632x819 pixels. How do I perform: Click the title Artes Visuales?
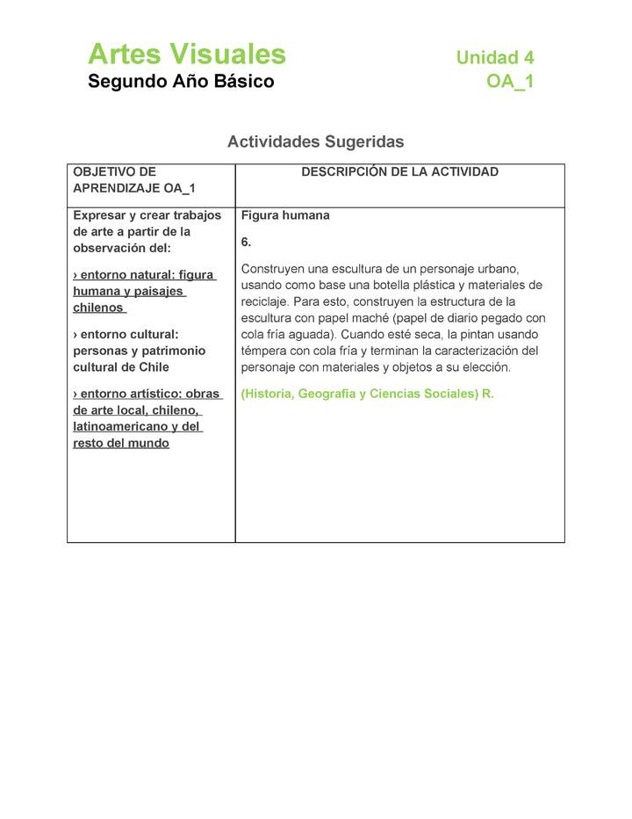(x=186, y=54)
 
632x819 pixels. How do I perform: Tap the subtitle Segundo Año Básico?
(x=181, y=82)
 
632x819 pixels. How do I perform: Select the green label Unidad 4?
(x=494, y=58)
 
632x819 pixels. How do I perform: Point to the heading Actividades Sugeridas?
(x=315, y=141)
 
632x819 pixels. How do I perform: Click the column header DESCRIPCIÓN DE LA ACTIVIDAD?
(x=399, y=172)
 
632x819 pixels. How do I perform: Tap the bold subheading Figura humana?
(x=285, y=215)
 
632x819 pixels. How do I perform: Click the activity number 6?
(x=246, y=242)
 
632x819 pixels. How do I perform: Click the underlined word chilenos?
(x=98, y=308)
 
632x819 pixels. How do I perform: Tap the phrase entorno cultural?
(x=126, y=334)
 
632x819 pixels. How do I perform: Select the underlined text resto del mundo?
(x=121, y=443)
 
